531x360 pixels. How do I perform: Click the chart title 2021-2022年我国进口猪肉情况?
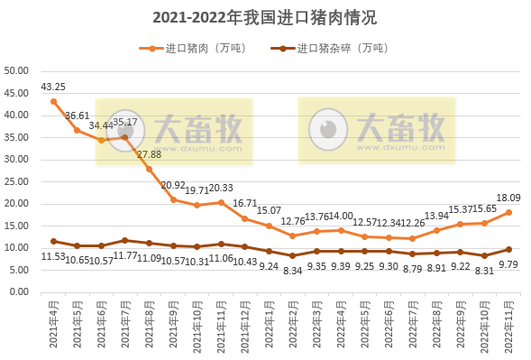coord(264,17)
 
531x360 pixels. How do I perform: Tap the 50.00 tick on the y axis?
coord(17,70)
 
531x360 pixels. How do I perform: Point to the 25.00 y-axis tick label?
coord(17,181)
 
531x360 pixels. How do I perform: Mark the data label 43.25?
coord(53,87)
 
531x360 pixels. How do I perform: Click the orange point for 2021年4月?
coord(53,101)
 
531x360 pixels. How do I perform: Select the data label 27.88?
coord(149,154)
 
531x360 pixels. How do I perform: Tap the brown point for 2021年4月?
coord(53,241)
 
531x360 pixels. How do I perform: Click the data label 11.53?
coord(53,258)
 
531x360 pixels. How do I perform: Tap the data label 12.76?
coord(293,221)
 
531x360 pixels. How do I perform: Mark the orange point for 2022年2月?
coord(293,235)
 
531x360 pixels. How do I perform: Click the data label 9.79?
coord(509,265)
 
